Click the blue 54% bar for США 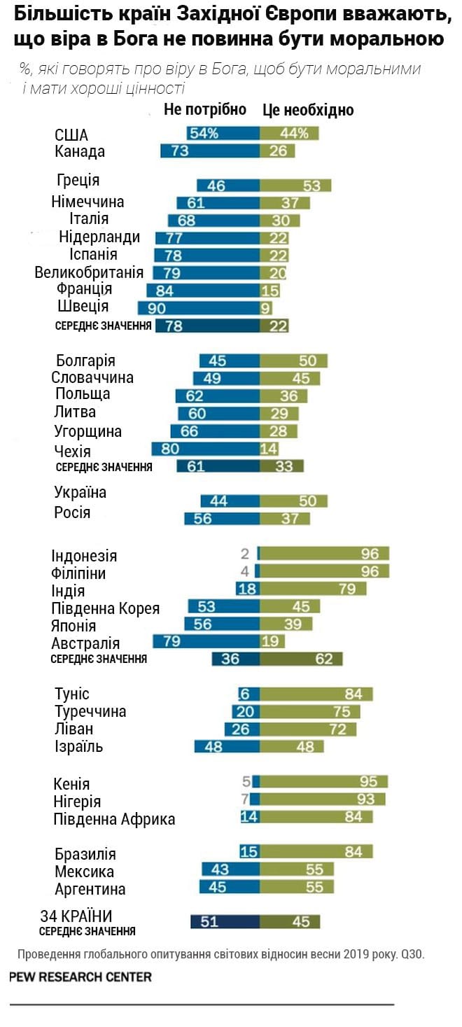point(223,133)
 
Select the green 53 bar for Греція point(295,186)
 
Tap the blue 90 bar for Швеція point(199,307)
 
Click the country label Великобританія point(89,272)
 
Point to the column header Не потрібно point(205,109)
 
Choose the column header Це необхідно point(308,110)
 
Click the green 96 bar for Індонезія point(324,554)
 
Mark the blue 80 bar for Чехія point(206,449)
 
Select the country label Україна point(80,492)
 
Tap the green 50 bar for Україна point(293,501)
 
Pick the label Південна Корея point(106,608)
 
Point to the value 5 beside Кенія point(246,782)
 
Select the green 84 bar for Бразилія point(316,851)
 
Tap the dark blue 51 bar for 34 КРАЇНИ point(225,921)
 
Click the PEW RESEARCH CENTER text point(80,977)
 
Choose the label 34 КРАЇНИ point(76,916)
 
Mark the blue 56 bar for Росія point(222,519)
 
